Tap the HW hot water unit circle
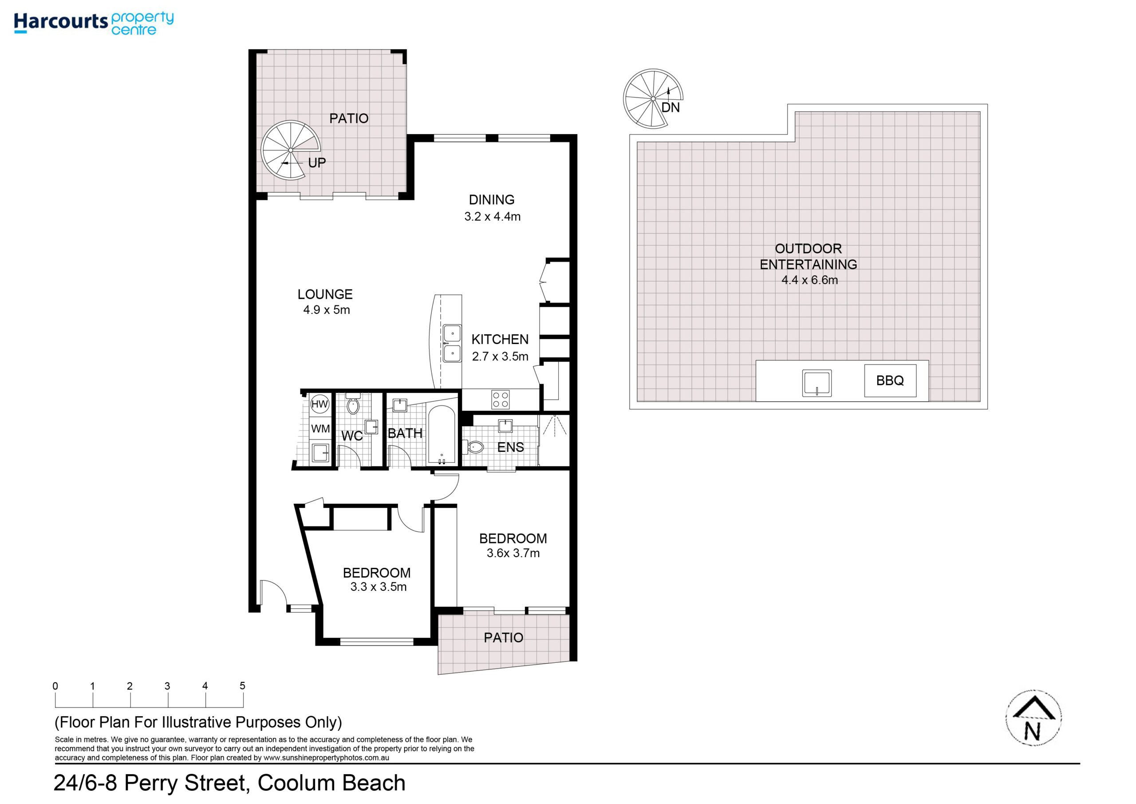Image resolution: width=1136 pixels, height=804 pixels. pyautogui.click(x=319, y=404)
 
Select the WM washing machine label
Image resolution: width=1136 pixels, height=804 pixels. pyautogui.click(x=320, y=429)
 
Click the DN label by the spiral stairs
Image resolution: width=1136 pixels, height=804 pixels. pyautogui.click(x=671, y=107)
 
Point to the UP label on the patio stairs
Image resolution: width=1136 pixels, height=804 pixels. pyautogui.click(x=317, y=163)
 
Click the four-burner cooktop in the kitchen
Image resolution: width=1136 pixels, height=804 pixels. pyautogui.click(x=500, y=400)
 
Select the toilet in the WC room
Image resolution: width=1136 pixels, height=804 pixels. pyautogui.click(x=353, y=405)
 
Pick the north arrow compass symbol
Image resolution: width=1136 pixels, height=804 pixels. pyautogui.click(x=1033, y=718)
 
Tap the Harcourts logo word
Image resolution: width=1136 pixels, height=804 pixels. pyautogui.click(x=61, y=22)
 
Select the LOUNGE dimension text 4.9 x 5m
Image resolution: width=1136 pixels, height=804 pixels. pyautogui.click(x=327, y=310)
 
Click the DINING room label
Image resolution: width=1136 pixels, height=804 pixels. pyautogui.click(x=492, y=200)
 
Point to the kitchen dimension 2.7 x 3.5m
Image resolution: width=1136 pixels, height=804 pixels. pyautogui.click(x=500, y=356)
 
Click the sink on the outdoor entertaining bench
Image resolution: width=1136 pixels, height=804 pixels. pyautogui.click(x=817, y=384)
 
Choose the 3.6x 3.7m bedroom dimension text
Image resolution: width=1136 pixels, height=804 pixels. pyautogui.click(x=513, y=553)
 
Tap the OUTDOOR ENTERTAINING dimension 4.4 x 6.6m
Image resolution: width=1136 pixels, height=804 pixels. pyautogui.click(x=809, y=280)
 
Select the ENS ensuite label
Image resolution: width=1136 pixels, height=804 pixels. pyautogui.click(x=511, y=448)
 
